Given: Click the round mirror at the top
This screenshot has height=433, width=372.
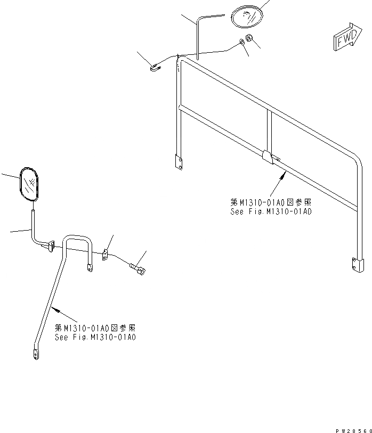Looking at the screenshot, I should (x=247, y=16).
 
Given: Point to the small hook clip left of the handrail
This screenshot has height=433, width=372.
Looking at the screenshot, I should (x=155, y=67).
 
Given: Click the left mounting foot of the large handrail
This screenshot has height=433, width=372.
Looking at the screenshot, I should (x=179, y=160).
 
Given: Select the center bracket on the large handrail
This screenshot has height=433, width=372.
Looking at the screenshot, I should (x=269, y=156).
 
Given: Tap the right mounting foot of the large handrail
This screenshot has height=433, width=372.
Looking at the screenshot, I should (x=357, y=264).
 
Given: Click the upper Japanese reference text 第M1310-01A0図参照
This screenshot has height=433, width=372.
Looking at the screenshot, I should (x=271, y=203).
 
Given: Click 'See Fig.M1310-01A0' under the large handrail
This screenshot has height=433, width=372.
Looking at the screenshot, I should (x=271, y=211).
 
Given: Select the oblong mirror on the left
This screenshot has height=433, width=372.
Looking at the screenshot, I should (x=29, y=185).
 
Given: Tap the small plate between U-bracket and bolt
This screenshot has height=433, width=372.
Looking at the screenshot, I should (x=106, y=256).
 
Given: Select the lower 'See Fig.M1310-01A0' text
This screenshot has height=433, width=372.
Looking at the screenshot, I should (x=95, y=337).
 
